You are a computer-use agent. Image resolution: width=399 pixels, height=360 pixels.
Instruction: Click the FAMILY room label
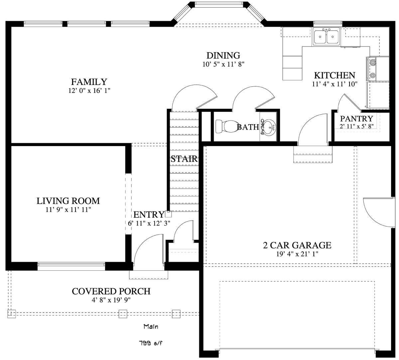[x=89, y=82]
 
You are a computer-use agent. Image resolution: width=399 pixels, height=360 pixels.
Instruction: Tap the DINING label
[x=223, y=55]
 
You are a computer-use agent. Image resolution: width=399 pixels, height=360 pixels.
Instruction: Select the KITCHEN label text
[x=334, y=75]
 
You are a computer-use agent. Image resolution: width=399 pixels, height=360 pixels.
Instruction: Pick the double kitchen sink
[x=326, y=37]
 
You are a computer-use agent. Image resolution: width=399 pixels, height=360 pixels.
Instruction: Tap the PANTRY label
[x=356, y=119]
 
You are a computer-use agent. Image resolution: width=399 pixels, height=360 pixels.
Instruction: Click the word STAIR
[x=184, y=159]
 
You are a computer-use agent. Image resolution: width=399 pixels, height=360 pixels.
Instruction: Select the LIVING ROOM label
[x=68, y=201]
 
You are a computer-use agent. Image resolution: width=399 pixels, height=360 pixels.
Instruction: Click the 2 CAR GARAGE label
[x=297, y=245]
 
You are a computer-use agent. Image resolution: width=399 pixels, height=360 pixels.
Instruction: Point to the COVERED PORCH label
[x=111, y=291]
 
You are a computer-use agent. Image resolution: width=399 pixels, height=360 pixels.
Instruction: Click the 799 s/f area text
[x=151, y=343]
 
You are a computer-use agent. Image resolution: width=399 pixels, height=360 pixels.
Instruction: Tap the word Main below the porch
[x=151, y=326]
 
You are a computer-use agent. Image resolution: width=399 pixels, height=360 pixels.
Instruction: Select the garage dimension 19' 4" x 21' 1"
[x=297, y=254]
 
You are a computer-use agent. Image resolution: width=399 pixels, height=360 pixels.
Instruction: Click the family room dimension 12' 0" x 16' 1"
[x=89, y=91]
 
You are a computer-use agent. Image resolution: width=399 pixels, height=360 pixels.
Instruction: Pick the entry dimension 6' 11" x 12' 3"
[x=149, y=223]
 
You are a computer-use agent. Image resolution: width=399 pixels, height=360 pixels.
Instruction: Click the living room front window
[x=71, y=264]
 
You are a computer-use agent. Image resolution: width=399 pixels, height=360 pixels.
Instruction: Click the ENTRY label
[x=149, y=215]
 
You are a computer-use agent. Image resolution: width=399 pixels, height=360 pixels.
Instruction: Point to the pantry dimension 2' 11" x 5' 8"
[x=357, y=126]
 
